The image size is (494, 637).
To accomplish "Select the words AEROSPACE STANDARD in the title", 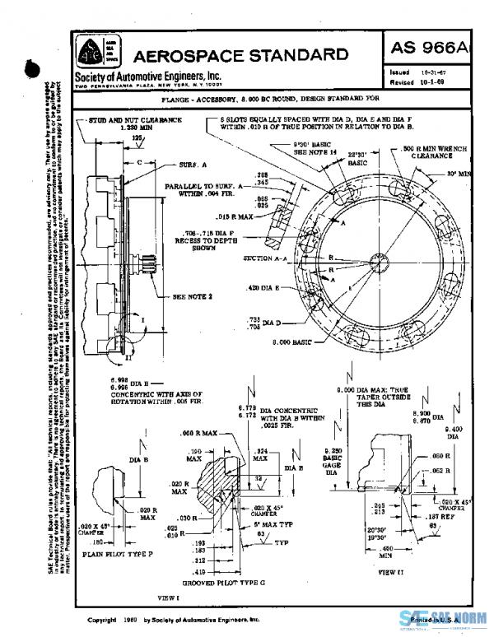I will [x=240, y=56].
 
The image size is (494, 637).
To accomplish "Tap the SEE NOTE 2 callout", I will [x=191, y=295].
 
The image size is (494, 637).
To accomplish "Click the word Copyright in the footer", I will [x=101, y=619].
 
